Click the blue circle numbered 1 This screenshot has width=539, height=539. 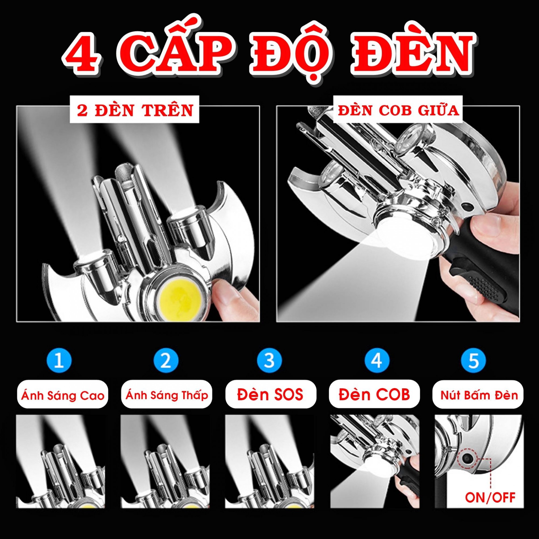(x=59, y=360)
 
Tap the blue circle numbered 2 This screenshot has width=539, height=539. (x=166, y=360)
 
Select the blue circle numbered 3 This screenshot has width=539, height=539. (x=269, y=360)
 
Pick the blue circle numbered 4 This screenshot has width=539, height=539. (x=377, y=360)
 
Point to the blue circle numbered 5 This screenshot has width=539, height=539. (x=473, y=360)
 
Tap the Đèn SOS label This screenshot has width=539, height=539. (x=271, y=394)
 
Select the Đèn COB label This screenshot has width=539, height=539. (x=374, y=394)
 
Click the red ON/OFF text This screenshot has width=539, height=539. (x=490, y=497)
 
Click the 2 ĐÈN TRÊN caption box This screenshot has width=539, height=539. (x=134, y=110)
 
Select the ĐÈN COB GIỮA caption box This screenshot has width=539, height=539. (x=398, y=110)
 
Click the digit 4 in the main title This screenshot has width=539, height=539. (x=82, y=54)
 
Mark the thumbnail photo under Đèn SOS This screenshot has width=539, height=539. (x=270, y=461)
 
